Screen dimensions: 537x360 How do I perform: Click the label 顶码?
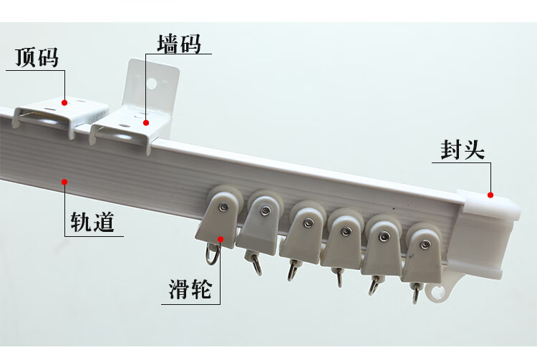(x=37, y=58)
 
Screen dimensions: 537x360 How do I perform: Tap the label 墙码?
(x=178, y=44)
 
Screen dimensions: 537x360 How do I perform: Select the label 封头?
(x=463, y=150)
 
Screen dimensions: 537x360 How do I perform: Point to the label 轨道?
(x=92, y=222)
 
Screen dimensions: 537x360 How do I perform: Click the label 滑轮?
(x=190, y=289)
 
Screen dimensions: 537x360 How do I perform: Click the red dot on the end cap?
(x=491, y=195)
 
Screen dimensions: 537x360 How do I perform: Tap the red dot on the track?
(x=64, y=182)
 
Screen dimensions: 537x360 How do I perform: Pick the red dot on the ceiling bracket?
(x=64, y=102)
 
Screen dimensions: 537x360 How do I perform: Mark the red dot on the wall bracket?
(x=146, y=122)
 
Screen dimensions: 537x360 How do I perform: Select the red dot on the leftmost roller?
(x=221, y=239)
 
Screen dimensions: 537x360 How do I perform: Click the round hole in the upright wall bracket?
(x=152, y=84)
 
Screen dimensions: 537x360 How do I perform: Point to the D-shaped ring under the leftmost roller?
(x=213, y=252)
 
